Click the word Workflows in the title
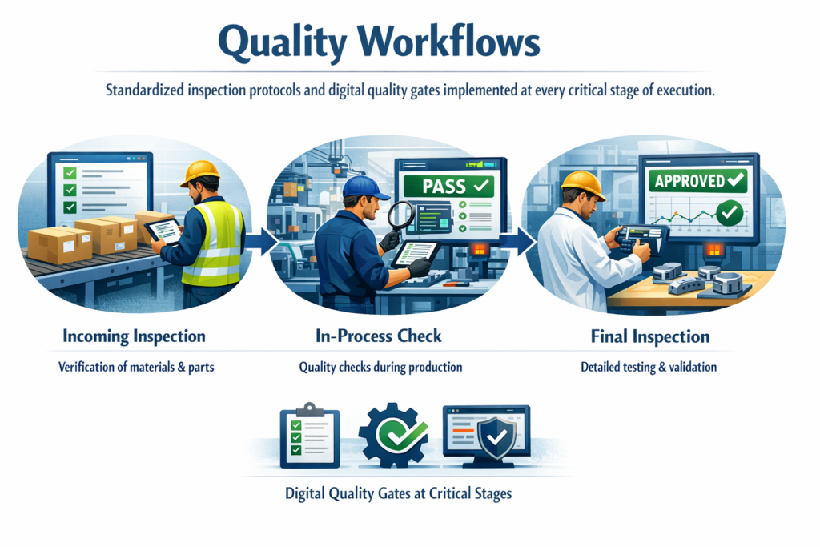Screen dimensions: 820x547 click(448, 42)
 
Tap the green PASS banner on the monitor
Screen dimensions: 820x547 click(448, 186)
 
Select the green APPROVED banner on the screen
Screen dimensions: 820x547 click(698, 181)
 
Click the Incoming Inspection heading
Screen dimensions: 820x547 click(134, 336)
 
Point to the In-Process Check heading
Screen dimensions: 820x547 click(379, 336)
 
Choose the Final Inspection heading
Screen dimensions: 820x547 click(650, 336)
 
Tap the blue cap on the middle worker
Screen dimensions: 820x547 click(364, 187)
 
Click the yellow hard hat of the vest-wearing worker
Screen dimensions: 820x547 click(200, 172)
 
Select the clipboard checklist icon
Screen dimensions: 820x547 click(310, 436)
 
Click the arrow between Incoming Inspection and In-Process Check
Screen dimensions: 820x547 click(262, 242)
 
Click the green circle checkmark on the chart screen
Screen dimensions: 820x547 click(729, 213)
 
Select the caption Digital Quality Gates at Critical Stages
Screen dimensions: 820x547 click(398, 493)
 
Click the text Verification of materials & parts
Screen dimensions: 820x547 click(136, 367)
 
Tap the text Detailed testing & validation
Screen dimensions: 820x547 click(649, 367)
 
